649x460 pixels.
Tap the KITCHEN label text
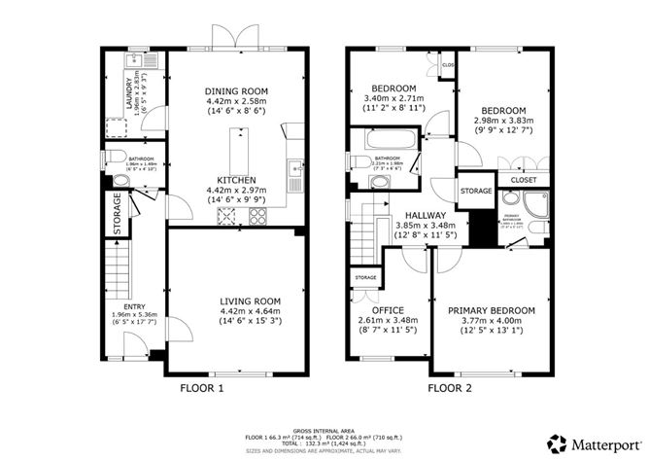tap(236, 180)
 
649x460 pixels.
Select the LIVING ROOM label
tap(234, 301)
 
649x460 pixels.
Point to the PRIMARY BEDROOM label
tap(492, 310)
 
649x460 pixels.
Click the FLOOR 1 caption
tap(202, 388)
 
